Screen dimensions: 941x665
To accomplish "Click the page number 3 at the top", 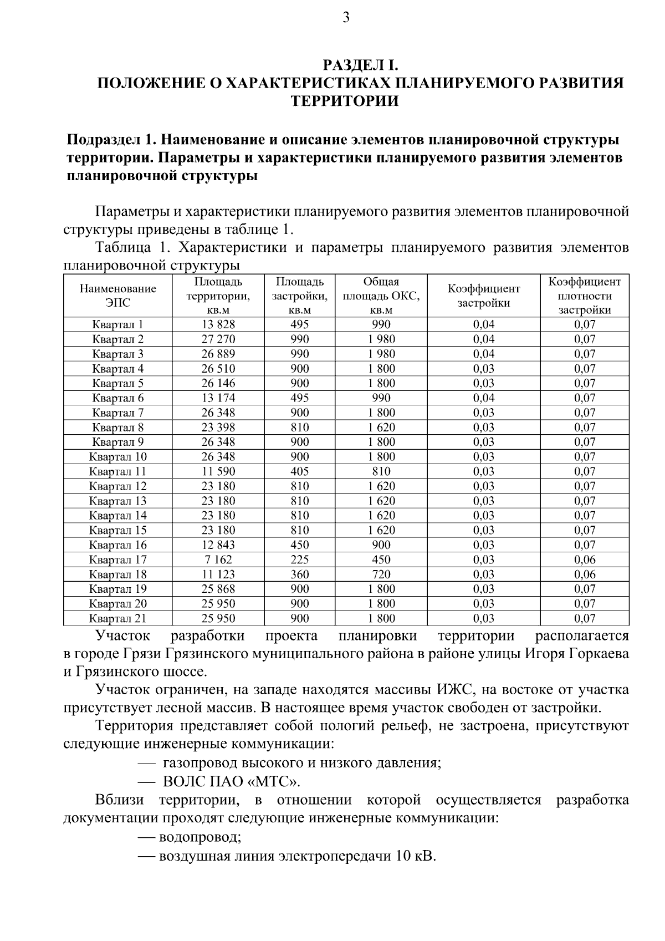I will point(346,18).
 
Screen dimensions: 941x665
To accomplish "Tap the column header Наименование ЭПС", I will point(118,296).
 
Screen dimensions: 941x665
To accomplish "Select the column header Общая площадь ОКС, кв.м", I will point(381,296).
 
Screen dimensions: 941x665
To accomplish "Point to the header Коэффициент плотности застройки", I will point(584,296).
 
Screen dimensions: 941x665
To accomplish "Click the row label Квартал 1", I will point(118,324).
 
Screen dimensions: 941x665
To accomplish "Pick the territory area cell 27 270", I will point(218,339).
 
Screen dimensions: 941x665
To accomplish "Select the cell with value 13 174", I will point(218,398).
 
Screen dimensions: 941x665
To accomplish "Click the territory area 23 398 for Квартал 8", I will point(218,428).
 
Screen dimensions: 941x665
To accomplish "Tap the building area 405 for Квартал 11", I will point(300,472).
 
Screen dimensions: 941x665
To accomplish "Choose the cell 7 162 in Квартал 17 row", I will point(218,560).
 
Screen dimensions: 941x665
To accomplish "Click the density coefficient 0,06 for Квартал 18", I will point(584,574).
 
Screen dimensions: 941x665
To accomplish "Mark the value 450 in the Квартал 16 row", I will point(300,545).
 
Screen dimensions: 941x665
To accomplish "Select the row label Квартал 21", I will point(118,618).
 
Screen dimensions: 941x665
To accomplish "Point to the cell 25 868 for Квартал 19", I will point(218,589).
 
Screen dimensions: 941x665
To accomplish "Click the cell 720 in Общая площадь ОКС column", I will point(381,574).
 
